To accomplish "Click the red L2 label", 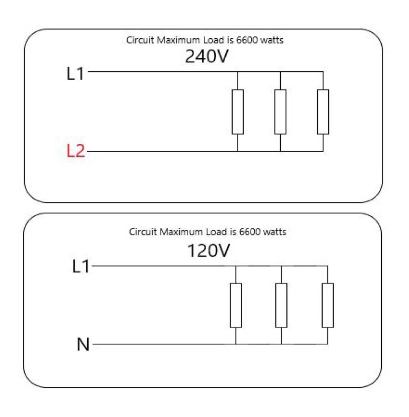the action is point(76,151).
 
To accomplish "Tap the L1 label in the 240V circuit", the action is point(75,73).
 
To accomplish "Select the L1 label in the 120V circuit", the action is point(81,266).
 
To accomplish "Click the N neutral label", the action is point(83,344).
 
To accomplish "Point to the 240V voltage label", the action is point(207,56).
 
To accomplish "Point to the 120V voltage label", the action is point(208,250).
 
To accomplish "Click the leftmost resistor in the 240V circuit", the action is point(237,112).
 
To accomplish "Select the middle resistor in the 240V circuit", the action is point(280,112).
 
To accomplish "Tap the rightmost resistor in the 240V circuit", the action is point(323,112).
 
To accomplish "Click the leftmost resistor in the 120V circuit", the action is point(236,305).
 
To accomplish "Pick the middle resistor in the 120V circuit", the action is point(281,305).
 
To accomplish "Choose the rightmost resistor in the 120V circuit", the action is point(328,305).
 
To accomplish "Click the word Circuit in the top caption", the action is point(140,40).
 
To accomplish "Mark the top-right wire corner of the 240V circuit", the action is point(323,72).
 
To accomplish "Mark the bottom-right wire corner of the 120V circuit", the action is point(328,344).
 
